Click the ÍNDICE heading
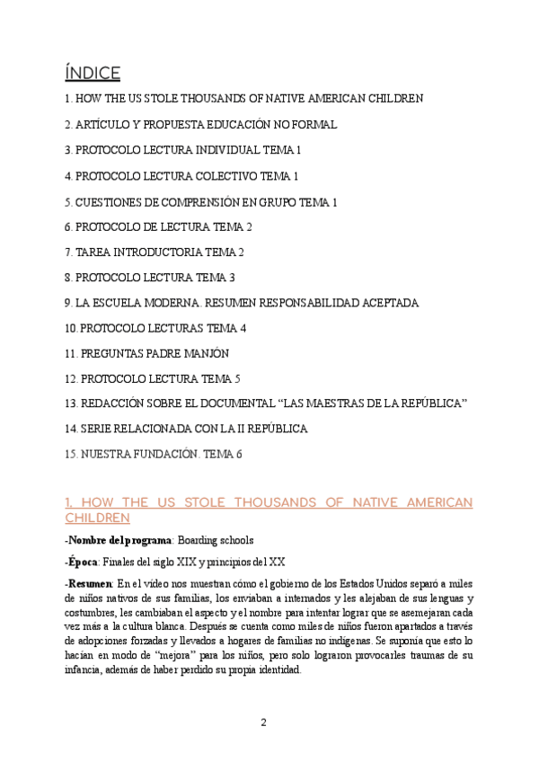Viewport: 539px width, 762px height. coord(93,72)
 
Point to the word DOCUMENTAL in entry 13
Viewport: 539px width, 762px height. coord(243,403)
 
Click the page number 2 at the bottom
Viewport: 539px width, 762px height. coord(263,722)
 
